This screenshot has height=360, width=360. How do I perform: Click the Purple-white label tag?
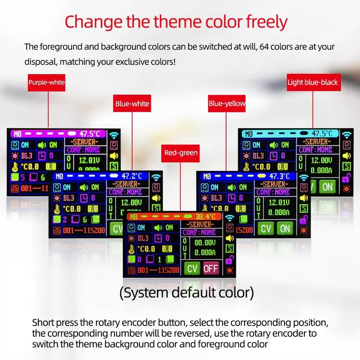pyautogui.click(x=46, y=82)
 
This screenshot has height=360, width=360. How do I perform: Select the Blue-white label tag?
pyautogui.click(x=132, y=104)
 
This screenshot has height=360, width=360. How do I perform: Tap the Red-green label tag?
pyautogui.click(x=181, y=153)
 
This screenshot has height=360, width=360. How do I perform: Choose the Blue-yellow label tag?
pyautogui.click(x=227, y=104)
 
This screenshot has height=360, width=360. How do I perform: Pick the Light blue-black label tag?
pyautogui.click(x=312, y=82)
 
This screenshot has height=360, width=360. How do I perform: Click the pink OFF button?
pyautogui.click(x=211, y=268)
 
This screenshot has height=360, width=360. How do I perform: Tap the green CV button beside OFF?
pyautogui.click(x=193, y=268)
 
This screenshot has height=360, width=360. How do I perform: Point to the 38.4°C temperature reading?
pyautogui.click(x=209, y=217)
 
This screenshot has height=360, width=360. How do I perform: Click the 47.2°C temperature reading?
pyautogui.click(x=129, y=176)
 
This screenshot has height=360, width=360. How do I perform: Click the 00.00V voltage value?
pyautogui.click(x=205, y=243)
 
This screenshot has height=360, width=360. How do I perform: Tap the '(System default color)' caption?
pyautogui.click(x=186, y=293)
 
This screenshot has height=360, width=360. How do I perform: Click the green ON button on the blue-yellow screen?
pyautogui.click(x=285, y=228)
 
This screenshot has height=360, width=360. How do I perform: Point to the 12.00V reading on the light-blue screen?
pyautogui.click(x=321, y=160)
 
